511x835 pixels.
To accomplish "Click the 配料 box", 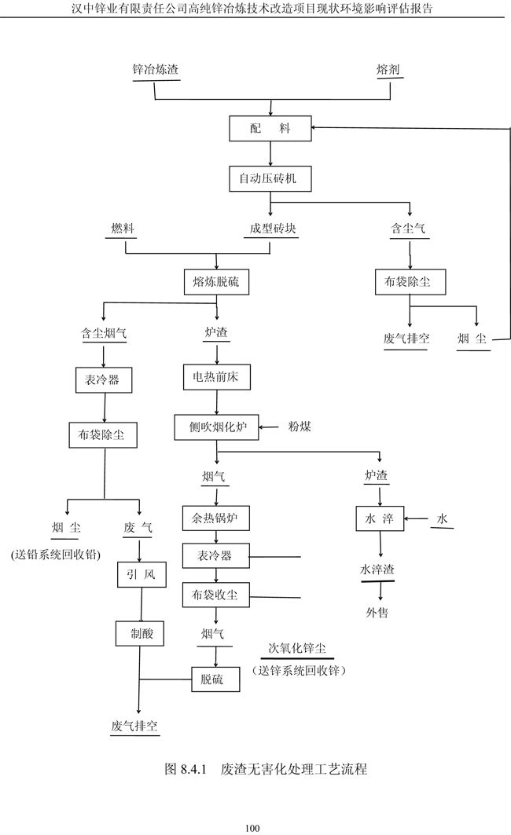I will point(270,129).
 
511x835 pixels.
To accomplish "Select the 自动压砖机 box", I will point(270,179).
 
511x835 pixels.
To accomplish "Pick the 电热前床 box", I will point(216,378).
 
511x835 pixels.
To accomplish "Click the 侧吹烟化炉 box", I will point(217,428).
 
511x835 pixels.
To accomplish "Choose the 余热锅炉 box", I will point(215,518).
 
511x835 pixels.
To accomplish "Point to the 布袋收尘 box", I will point(215,594).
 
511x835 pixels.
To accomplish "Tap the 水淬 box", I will point(380,518).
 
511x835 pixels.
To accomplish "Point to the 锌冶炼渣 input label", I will point(155,70).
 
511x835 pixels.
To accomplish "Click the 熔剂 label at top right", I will point(388,70).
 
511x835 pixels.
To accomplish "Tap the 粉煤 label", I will point(300,427).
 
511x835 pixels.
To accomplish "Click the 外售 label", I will point(377,613).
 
